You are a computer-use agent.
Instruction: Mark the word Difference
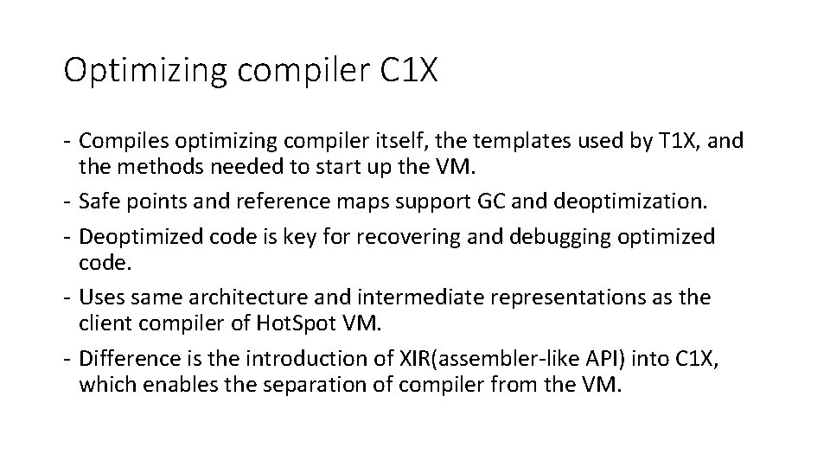pyautogui.click(x=128, y=359)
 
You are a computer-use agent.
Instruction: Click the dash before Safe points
pyautogui.click(x=68, y=202)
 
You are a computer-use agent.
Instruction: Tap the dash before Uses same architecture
pyautogui.click(x=68, y=297)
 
